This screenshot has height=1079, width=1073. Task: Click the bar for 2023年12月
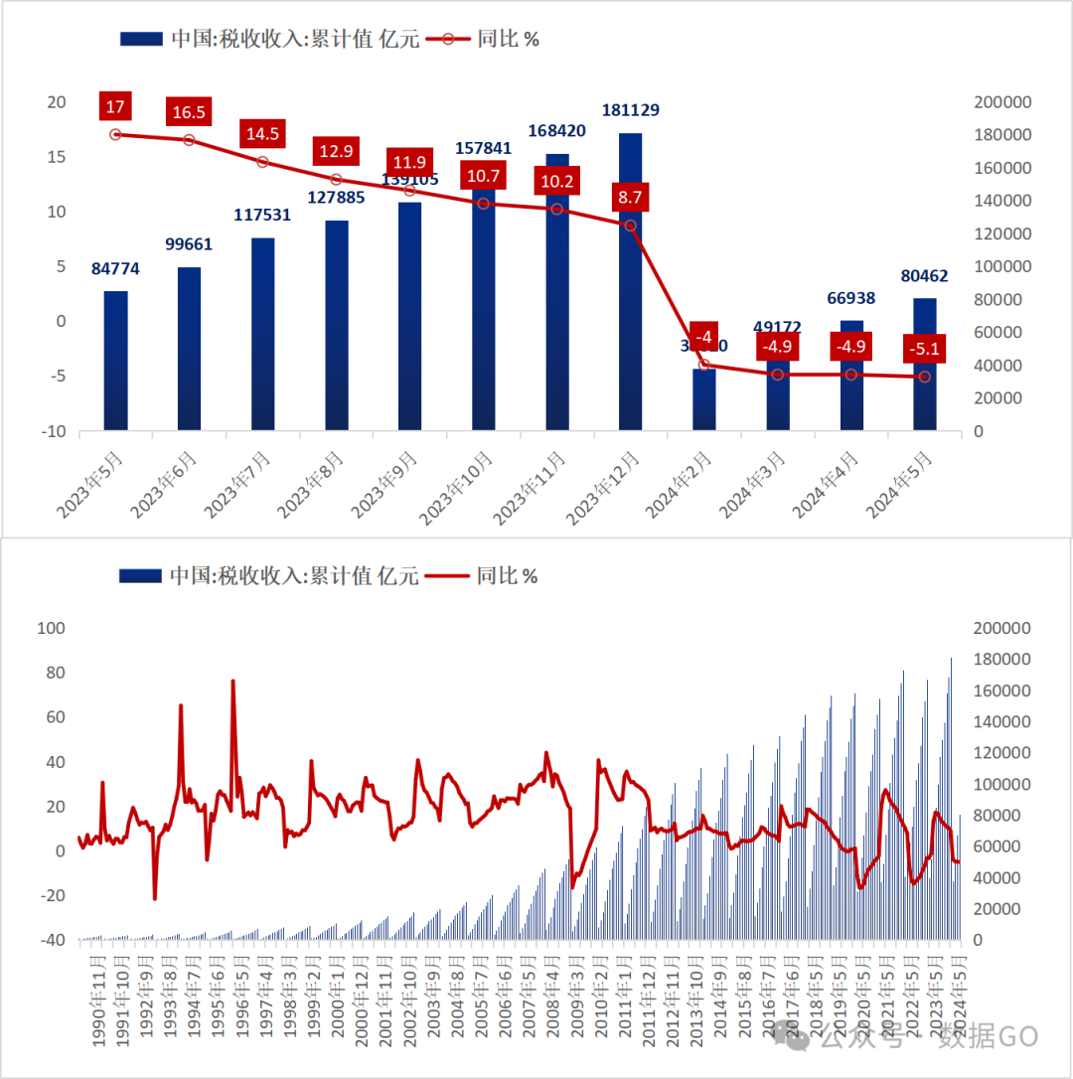pos(630,298)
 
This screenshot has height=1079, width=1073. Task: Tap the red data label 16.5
pos(189,112)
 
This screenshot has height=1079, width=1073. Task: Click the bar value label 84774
pos(116,269)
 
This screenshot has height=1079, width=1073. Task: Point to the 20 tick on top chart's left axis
pos(57,102)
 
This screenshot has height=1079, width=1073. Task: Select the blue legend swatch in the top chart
pos(140,39)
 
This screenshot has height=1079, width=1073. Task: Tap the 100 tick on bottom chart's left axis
pos(51,628)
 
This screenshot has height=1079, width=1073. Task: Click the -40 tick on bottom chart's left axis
pos(51,940)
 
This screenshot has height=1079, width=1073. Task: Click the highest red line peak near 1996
pos(233,682)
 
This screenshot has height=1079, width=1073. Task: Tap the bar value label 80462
pos(923,278)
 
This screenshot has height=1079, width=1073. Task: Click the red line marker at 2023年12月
pos(630,225)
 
